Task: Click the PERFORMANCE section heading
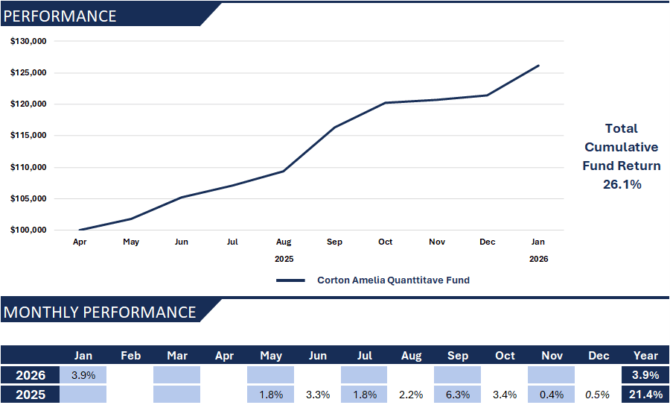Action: (60, 16)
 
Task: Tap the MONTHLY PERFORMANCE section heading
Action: (100, 313)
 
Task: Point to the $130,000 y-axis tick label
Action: (28, 41)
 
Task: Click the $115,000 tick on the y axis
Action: (28, 136)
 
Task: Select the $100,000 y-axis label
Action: (28, 230)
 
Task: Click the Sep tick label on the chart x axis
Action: (334, 242)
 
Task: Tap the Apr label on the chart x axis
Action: (79, 242)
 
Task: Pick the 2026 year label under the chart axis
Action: (538, 259)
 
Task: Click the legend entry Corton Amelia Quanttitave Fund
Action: (393, 280)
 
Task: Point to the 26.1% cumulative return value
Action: (622, 184)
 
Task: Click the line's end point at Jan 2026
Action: (538, 66)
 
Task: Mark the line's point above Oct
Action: (386, 103)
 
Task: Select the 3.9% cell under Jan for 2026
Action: (83, 375)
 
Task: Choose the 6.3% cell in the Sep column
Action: (457, 395)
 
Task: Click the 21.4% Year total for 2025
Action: (645, 395)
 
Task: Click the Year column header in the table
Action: (645, 356)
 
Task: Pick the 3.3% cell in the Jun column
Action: (317, 395)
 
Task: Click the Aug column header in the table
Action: (411, 356)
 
